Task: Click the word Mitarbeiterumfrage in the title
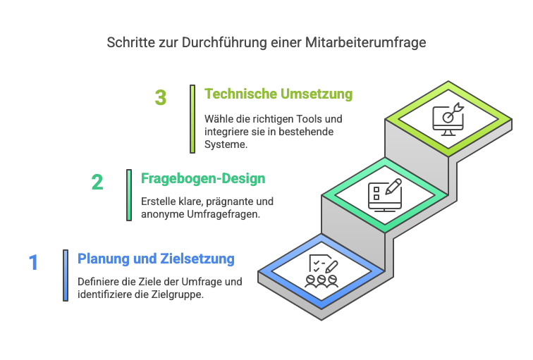tap(365, 43)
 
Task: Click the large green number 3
tap(161, 97)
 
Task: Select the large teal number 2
tap(97, 182)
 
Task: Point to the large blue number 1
tap(33, 263)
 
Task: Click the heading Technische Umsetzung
tap(278, 94)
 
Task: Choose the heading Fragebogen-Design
tap(203, 179)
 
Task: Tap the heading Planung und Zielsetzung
tap(156, 259)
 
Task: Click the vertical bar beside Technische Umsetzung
tap(192, 119)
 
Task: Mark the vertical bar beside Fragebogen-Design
tap(129, 195)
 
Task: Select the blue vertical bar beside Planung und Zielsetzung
tap(66, 275)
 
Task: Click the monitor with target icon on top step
tap(448, 119)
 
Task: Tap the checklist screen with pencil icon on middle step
tap(385, 195)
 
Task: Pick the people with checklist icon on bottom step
tap(321, 271)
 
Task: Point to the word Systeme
tap(226, 144)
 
